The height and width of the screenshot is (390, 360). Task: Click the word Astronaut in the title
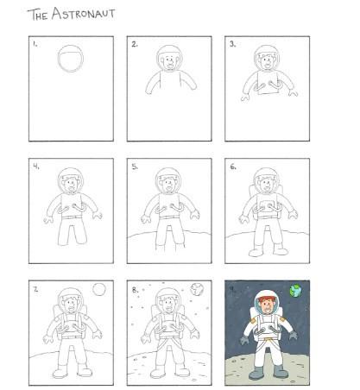point(83,14)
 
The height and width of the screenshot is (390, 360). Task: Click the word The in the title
point(38,15)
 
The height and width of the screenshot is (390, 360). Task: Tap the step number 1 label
point(35,44)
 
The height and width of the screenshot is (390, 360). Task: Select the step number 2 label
point(135,44)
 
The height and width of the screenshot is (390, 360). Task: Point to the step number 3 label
point(233,44)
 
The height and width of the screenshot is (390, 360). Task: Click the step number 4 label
point(36,167)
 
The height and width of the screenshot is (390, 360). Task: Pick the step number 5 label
point(135,167)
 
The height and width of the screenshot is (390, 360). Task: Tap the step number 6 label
point(233,167)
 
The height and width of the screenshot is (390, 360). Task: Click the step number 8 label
point(135,290)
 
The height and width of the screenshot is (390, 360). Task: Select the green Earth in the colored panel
point(295,291)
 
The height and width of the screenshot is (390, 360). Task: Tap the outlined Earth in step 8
point(197,289)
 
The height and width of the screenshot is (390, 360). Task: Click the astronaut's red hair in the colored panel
point(267,299)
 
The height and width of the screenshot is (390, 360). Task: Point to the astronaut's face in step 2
point(169,62)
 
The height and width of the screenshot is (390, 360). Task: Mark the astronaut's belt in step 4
point(72,217)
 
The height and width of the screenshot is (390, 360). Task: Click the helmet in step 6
point(267,179)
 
